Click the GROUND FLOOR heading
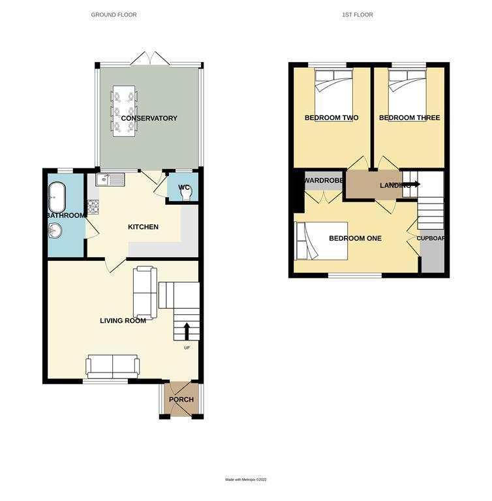point(114,14)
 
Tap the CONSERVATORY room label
point(149,118)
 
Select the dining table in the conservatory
point(124,110)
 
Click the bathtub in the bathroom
point(56,194)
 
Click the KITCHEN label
point(143,227)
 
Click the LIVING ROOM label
point(123,320)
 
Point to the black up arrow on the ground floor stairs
point(187,331)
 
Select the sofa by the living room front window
point(112,366)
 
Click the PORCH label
point(181,399)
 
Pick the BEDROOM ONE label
point(355,238)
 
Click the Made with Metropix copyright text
point(246,479)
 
